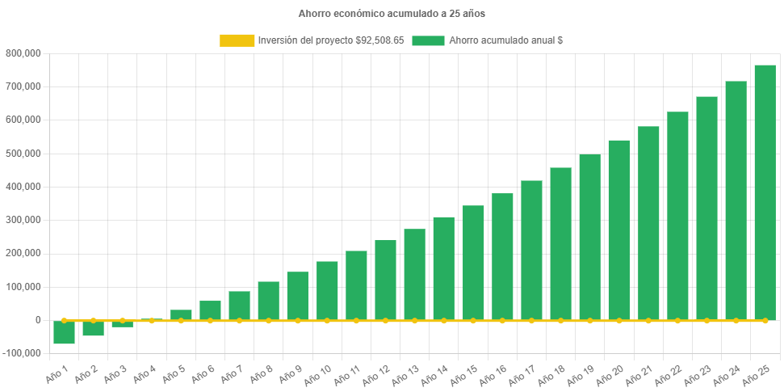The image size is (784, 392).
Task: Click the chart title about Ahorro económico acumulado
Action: (392, 14)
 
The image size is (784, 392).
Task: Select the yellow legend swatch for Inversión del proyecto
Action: (237, 40)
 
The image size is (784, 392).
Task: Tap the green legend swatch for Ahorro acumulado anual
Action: (428, 40)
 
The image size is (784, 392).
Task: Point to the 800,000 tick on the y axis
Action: (24, 53)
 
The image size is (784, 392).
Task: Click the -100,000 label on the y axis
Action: (23, 353)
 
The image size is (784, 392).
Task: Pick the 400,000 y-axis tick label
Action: (24, 187)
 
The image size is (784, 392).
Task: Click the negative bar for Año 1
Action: (64, 333)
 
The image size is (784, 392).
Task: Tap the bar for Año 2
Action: (93, 328)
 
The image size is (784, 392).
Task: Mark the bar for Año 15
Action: (473, 263)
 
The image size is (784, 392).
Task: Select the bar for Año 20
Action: (619, 230)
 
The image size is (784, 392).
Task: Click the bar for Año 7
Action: (239, 306)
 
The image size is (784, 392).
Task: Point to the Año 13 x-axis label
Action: (406, 374)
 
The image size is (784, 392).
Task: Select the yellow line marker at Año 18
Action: (560, 321)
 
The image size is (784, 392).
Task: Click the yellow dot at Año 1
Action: (64, 321)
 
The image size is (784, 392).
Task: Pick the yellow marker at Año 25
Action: (765, 321)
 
